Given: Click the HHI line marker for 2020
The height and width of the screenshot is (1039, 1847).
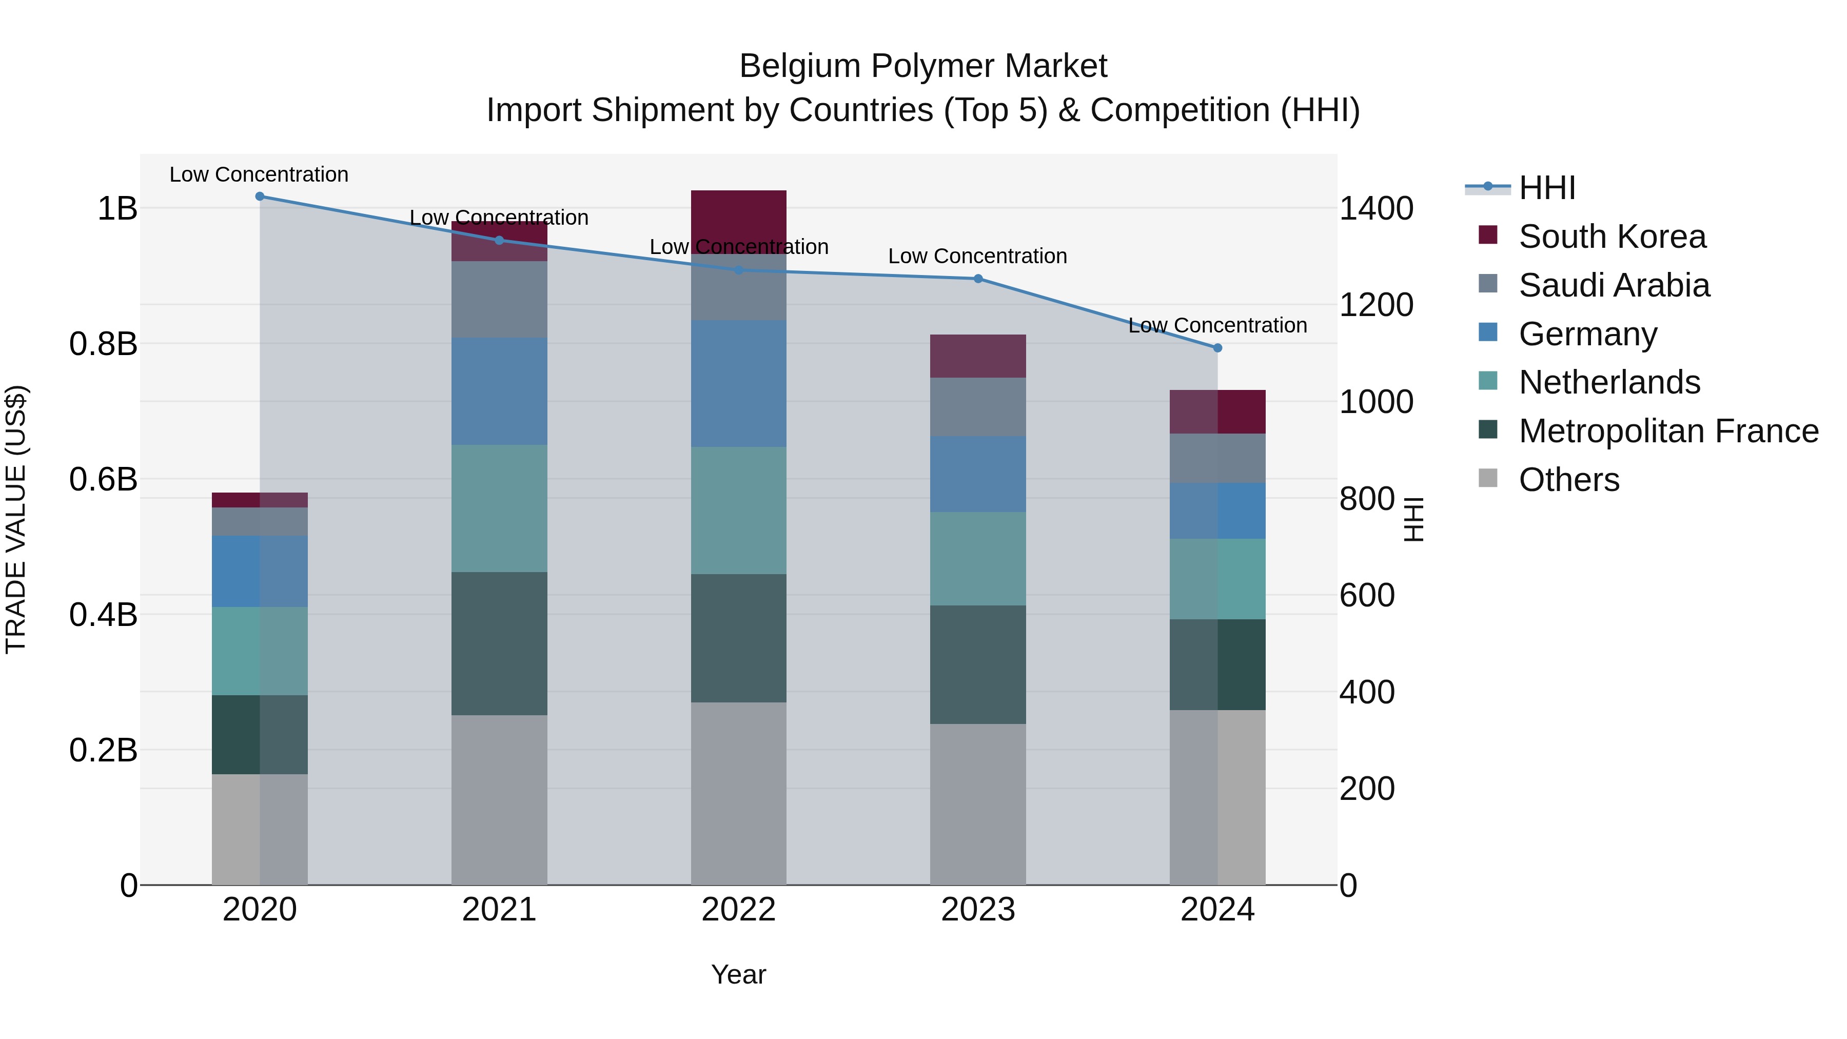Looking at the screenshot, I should pos(260,197).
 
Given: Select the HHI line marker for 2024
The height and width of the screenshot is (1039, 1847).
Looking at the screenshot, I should pos(1217,348).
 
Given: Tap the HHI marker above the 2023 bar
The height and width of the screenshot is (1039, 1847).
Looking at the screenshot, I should pos(978,279).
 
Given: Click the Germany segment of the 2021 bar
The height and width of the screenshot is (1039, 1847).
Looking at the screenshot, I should pos(499,391).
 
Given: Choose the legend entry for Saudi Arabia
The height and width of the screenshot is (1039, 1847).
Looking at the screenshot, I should pos(1613,285).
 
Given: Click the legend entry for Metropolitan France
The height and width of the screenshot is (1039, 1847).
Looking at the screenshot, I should pos(1668,431).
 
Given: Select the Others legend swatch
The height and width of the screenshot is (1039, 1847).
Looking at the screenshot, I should pos(1488,478).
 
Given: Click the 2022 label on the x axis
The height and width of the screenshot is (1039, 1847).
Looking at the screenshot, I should pos(738,910).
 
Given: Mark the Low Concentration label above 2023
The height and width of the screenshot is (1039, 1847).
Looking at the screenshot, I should pos(977,256).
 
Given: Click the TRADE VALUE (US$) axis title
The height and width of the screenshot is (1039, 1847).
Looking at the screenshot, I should pos(16,519).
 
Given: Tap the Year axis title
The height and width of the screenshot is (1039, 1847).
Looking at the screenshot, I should pos(738,974).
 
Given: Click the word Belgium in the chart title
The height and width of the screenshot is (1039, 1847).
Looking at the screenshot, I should pos(799,66).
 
